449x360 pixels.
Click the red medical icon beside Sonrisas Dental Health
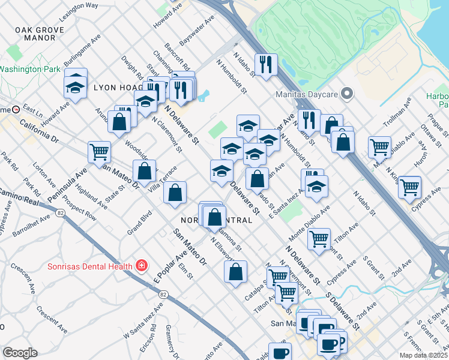142,265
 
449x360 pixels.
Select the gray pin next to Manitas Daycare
346,94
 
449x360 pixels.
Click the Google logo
20,353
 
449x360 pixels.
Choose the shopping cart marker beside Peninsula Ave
99,151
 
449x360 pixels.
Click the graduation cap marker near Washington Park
76,86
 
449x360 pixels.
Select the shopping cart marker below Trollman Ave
379,146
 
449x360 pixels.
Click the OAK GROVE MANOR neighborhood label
40,33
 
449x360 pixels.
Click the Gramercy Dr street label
171,340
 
